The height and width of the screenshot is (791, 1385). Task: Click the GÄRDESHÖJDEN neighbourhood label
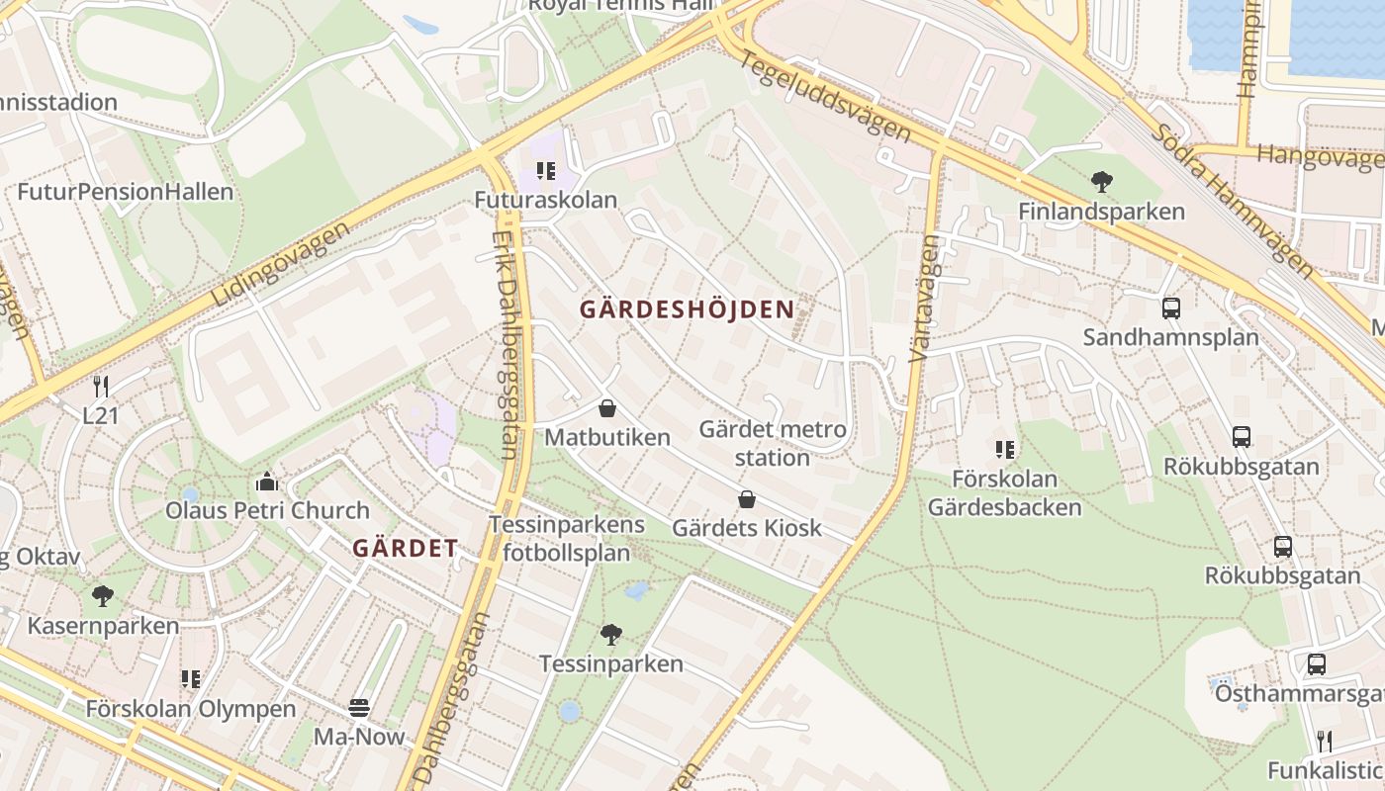pyautogui.click(x=687, y=309)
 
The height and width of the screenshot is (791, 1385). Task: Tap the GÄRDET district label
pyautogui.click(x=406, y=549)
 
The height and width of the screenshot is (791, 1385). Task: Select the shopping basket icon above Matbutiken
pyautogui.click(x=607, y=407)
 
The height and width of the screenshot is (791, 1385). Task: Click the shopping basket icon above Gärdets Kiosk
pyautogui.click(x=747, y=499)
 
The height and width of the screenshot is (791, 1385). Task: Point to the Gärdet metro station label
pyautogui.click(x=773, y=443)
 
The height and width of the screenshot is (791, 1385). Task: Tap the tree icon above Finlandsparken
pyautogui.click(x=1101, y=182)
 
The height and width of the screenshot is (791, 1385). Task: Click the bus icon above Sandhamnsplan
pyautogui.click(x=1171, y=308)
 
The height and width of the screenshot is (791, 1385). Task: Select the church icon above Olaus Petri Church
pyautogui.click(x=266, y=482)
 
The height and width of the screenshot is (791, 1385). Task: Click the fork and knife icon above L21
pyautogui.click(x=100, y=387)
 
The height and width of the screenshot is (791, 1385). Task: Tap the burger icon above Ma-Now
pyautogui.click(x=359, y=708)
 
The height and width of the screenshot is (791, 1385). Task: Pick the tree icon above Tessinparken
pyautogui.click(x=611, y=634)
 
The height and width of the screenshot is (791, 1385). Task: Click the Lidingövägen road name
pyautogui.click(x=281, y=263)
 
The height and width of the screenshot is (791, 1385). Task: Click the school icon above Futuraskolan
pyautogui.click(x=545, y=171)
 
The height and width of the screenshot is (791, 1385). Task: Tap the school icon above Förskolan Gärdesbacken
pyautogui.click(x=1005, y=450)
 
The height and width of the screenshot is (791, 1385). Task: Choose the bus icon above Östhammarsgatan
pyautogui.click(x=1316, y=664)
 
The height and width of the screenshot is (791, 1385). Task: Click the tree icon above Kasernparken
pyautogui.click(x=102, y=596)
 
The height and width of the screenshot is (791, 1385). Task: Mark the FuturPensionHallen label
pyautogui.click(x=125, y=192)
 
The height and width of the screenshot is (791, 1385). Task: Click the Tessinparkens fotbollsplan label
pyautogui.click(x=566, y=539)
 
